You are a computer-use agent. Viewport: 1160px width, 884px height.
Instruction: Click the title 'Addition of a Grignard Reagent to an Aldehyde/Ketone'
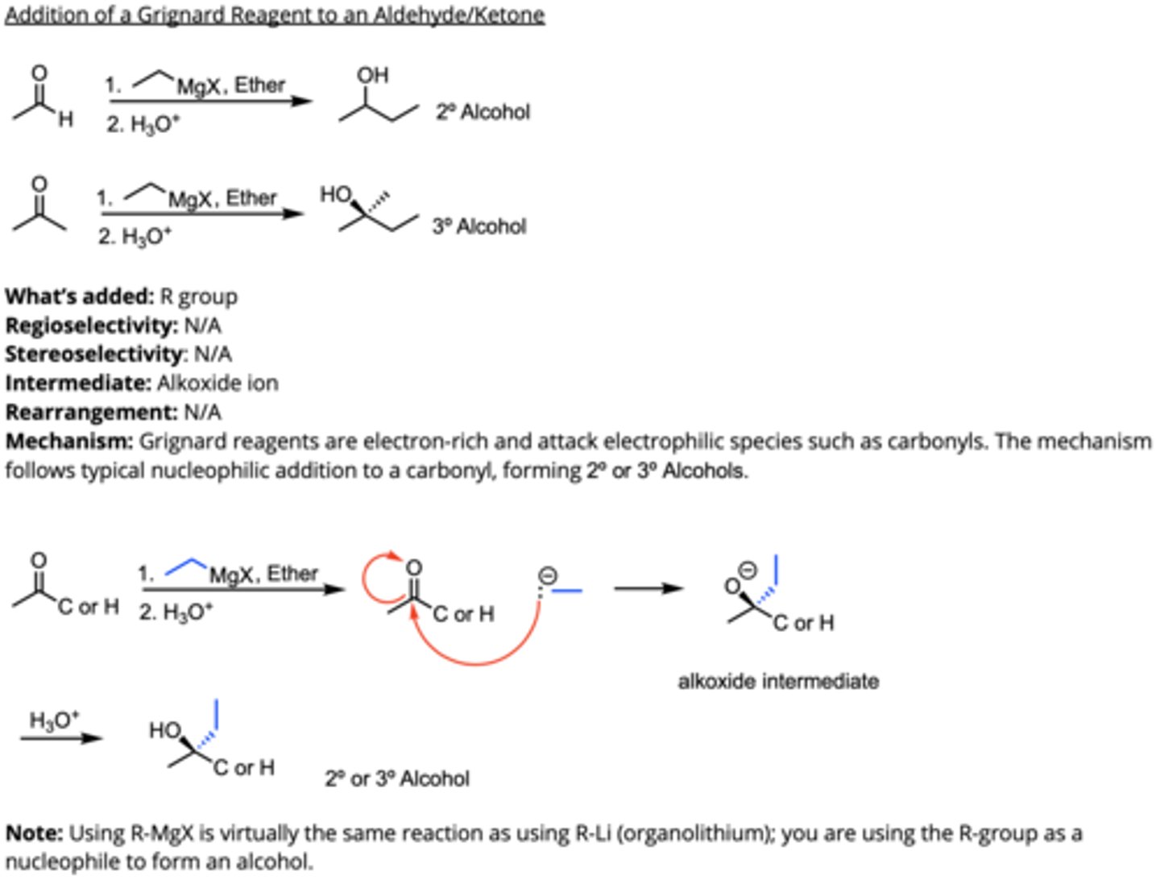[275, 15]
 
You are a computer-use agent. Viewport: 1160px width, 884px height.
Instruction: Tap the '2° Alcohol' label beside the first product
[483, 112]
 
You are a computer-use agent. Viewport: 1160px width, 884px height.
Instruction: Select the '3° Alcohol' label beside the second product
[478, 226]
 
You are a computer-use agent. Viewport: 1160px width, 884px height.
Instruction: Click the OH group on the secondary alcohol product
[372, 76]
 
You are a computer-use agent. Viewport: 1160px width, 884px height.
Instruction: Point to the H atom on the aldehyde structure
[66, 120]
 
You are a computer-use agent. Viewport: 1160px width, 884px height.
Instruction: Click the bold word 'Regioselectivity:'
[91, 326]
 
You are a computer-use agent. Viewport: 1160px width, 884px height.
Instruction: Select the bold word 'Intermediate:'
[78, 383]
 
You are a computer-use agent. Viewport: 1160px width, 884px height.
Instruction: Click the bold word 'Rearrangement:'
[91, 413]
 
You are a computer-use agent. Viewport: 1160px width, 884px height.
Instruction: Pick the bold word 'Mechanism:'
[69, 442]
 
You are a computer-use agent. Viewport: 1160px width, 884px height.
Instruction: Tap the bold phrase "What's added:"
[79, 297]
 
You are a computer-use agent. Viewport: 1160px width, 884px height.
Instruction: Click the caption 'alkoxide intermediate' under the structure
[777, 682]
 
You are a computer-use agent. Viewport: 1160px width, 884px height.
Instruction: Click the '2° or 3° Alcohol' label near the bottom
[397, 779]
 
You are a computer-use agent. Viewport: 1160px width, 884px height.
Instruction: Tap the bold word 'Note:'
[34, 833]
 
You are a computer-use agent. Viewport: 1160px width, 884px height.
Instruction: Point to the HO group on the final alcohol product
[165, 731]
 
